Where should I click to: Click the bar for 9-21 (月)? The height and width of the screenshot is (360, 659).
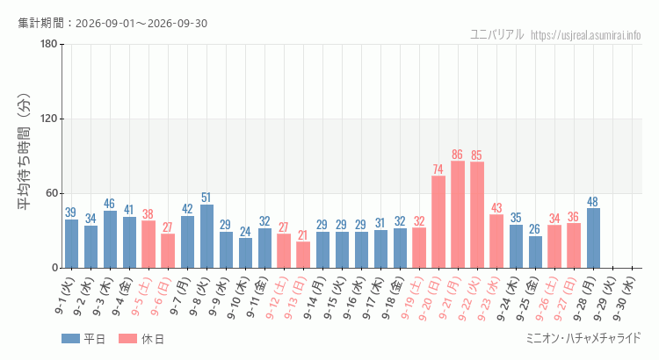coord(458,214)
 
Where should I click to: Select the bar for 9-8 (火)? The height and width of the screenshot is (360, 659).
coord(206,236)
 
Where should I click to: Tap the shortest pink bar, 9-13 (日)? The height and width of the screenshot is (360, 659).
coord(303,255)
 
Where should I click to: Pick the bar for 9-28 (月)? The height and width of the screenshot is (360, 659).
coord(593,238)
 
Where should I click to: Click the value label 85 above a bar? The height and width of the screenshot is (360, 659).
coord(476,155)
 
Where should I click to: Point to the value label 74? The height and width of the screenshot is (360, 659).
coord(438,169)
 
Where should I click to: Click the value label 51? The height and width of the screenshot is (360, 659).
coord(206,198)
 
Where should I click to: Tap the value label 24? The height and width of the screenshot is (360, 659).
coord(245,231)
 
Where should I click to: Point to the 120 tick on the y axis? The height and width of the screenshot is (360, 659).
coord(49,119)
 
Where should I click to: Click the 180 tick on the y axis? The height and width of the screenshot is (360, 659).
coord(49,44)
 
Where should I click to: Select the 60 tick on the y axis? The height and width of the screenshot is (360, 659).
coord(52,194)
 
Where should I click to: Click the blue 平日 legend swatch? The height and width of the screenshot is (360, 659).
coord(70,338)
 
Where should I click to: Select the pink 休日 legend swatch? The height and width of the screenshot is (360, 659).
coord(127,338)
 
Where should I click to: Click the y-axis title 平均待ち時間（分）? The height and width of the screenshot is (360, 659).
coord(24,151)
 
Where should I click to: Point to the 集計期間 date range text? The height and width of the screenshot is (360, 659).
coord(112,23)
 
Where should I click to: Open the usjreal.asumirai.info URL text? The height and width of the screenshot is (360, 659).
coord(586,35)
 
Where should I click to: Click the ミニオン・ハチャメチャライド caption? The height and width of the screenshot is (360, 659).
coord(583,338)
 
